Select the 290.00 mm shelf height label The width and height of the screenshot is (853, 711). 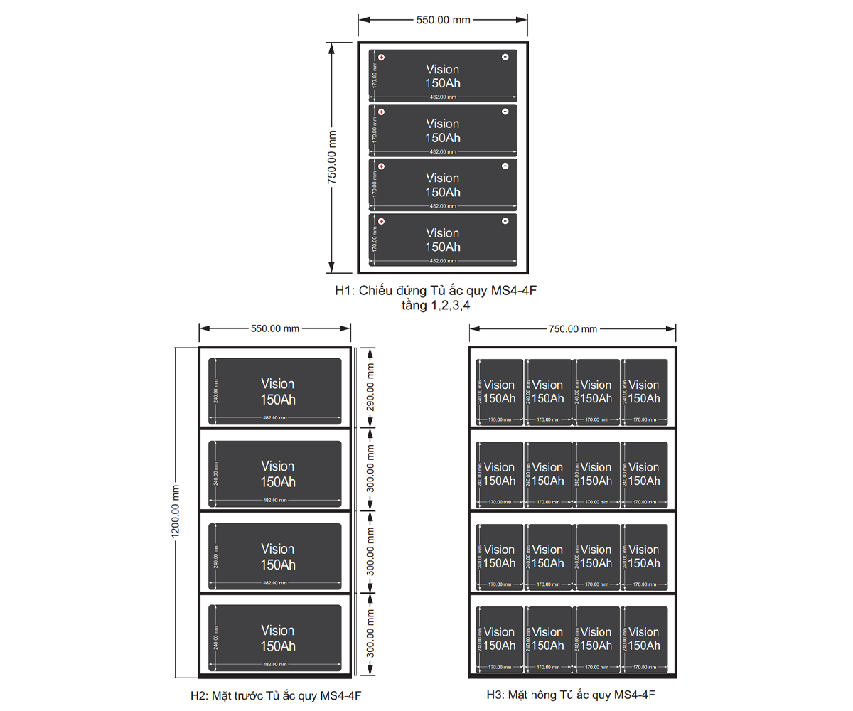370,387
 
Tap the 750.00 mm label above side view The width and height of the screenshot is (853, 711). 572,328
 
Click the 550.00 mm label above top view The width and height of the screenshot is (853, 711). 443,20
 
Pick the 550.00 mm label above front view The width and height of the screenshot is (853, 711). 275,328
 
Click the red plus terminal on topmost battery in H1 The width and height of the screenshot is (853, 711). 381,58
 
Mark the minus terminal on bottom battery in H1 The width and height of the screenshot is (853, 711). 505,221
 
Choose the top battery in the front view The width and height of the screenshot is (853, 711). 275,391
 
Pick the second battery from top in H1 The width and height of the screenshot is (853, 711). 443,130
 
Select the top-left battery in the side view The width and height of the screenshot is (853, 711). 499,392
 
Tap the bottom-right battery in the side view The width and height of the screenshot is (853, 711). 644,638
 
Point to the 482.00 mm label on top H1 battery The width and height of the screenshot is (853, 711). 443,97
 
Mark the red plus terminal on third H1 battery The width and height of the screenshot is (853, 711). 381,166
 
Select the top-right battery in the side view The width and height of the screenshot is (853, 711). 644,392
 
